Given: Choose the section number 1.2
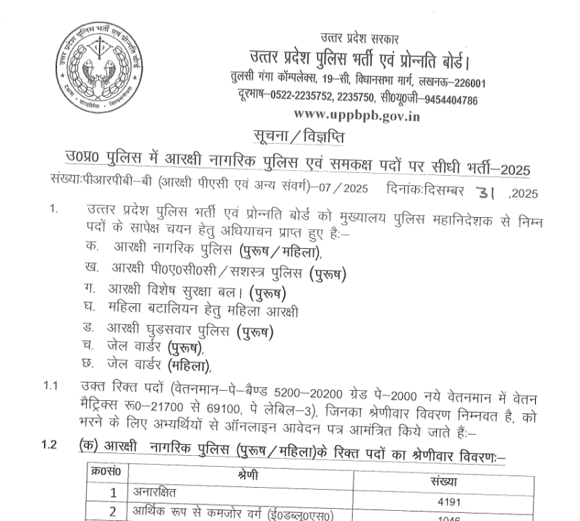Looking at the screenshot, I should coord(49,445).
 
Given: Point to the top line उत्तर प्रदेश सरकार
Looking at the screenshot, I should coord(359,38).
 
